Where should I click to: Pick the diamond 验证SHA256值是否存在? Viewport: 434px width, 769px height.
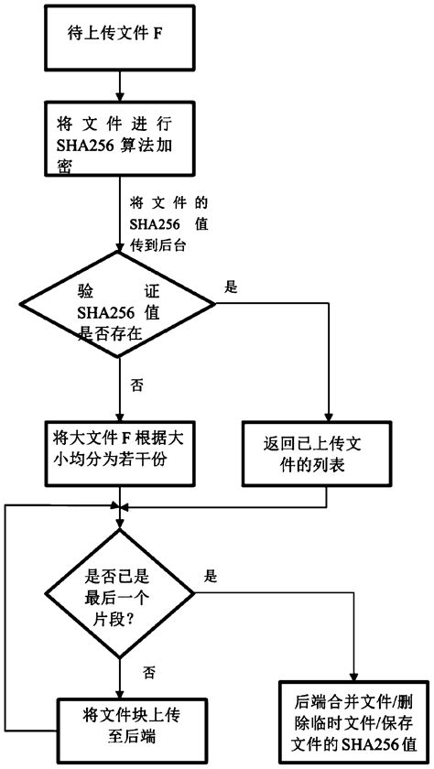(x=120, y=312)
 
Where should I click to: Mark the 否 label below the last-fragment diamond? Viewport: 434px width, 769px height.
(x=149, y=672)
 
